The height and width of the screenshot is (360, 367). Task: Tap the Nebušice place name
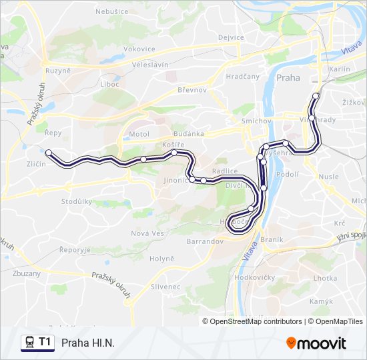(112, 11)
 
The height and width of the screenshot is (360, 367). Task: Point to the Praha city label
(288, 77)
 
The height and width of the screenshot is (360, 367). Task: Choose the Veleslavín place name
(151, 65)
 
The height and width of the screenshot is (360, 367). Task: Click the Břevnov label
(192, 89)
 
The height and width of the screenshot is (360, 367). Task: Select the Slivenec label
(165, 287)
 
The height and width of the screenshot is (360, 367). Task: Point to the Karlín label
(340, 69)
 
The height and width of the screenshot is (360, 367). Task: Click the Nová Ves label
(147, 233)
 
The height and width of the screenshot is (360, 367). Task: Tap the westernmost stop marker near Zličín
(49, 153)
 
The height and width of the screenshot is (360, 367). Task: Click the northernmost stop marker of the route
(316, 96)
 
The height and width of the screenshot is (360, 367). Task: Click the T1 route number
(45, 343)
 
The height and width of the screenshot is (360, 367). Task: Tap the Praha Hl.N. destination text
(88, 343)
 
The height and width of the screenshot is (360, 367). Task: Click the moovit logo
(316, 343)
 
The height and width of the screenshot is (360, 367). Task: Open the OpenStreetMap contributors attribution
(252, 321)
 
